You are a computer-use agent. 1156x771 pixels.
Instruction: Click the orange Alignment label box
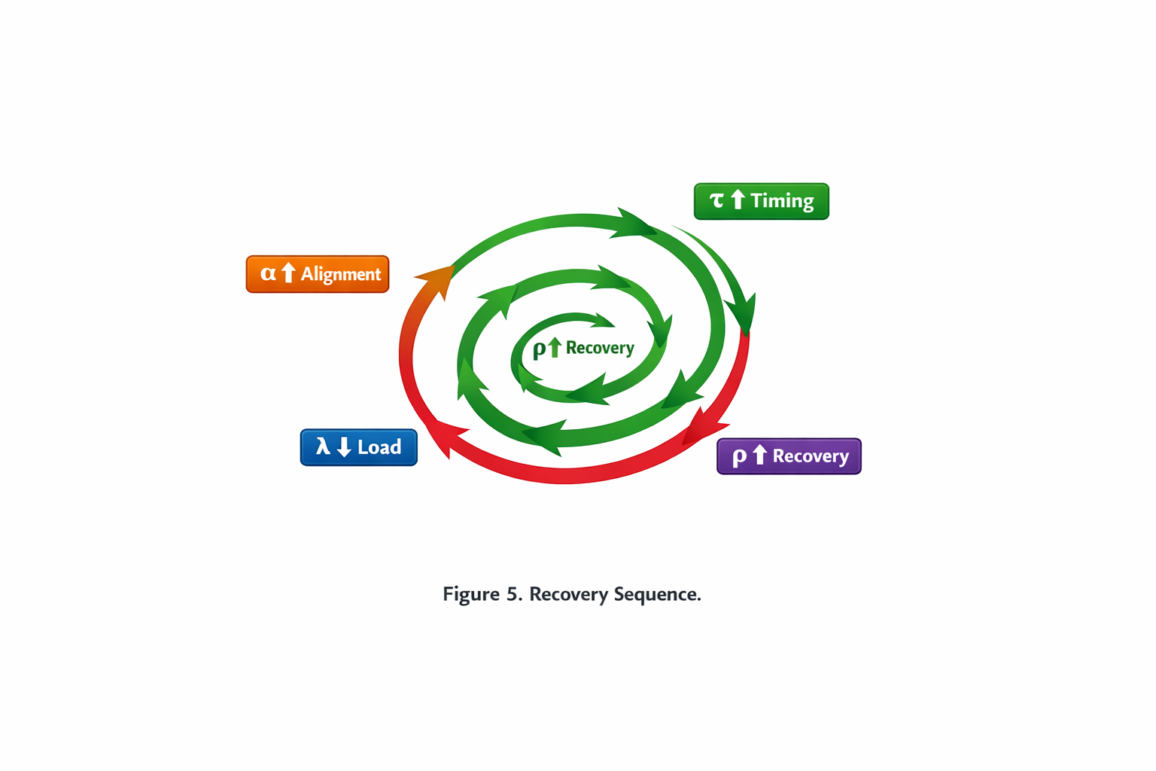point(317,274)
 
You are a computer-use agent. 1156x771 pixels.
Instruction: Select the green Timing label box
point(761,201)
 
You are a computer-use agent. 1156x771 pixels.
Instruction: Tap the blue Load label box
point(358,447)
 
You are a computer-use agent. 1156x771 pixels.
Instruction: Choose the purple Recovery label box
point(788,456)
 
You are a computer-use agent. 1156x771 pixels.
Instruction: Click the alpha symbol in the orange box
point(268,273)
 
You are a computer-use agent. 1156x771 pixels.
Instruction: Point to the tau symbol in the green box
point(716,200)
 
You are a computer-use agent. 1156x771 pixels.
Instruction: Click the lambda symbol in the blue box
point(323,446)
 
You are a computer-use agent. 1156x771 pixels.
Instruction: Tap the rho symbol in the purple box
point(739,456)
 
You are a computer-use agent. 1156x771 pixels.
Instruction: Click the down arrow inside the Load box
point(344,447)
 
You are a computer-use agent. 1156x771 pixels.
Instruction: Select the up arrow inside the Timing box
point(738,200)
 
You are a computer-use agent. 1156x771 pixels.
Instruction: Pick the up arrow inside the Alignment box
point(288,273)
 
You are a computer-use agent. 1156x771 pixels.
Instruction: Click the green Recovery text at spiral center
point(600,348)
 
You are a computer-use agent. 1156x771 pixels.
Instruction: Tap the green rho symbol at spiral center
point(539,349)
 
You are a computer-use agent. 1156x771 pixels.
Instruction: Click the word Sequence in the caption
point(657,594)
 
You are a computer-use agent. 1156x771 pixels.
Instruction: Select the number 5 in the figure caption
point(513,594)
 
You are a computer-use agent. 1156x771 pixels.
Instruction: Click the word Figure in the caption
point(470,594)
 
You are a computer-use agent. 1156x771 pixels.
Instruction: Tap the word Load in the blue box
point(379,447)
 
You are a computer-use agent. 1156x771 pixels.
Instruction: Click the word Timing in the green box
point(782,201)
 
